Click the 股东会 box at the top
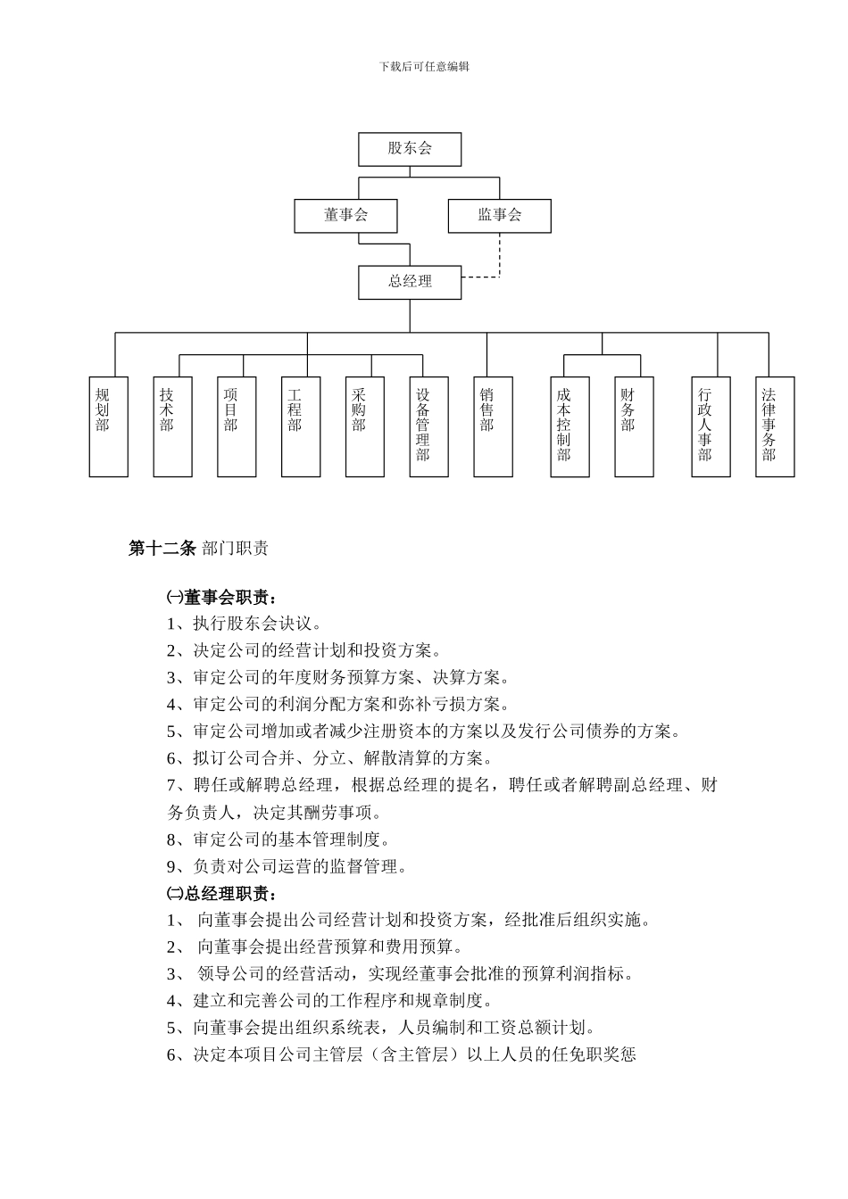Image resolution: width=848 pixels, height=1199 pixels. coord(410,149)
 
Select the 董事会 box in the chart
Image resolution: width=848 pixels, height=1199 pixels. coord(345,216)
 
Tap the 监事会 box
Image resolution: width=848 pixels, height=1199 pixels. coord(499,216)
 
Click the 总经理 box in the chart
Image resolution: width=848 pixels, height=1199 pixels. coord(410,282)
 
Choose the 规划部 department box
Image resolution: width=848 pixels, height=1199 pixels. coord(109,426)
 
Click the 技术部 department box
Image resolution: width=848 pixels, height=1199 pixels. coord(172,426)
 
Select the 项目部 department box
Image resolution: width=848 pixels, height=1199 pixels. coord(237,426)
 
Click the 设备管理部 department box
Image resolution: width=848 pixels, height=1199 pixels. coord(428,426)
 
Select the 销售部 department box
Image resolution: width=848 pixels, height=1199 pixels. coord(493,426)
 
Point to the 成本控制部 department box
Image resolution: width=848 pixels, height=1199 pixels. coord(569,426)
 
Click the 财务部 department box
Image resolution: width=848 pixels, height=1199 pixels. coord(634,426)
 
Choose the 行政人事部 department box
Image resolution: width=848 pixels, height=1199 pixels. coord(711,426)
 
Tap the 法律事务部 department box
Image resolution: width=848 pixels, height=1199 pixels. coord(775,426)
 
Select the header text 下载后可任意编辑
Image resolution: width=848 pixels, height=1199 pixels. coord(424,67)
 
